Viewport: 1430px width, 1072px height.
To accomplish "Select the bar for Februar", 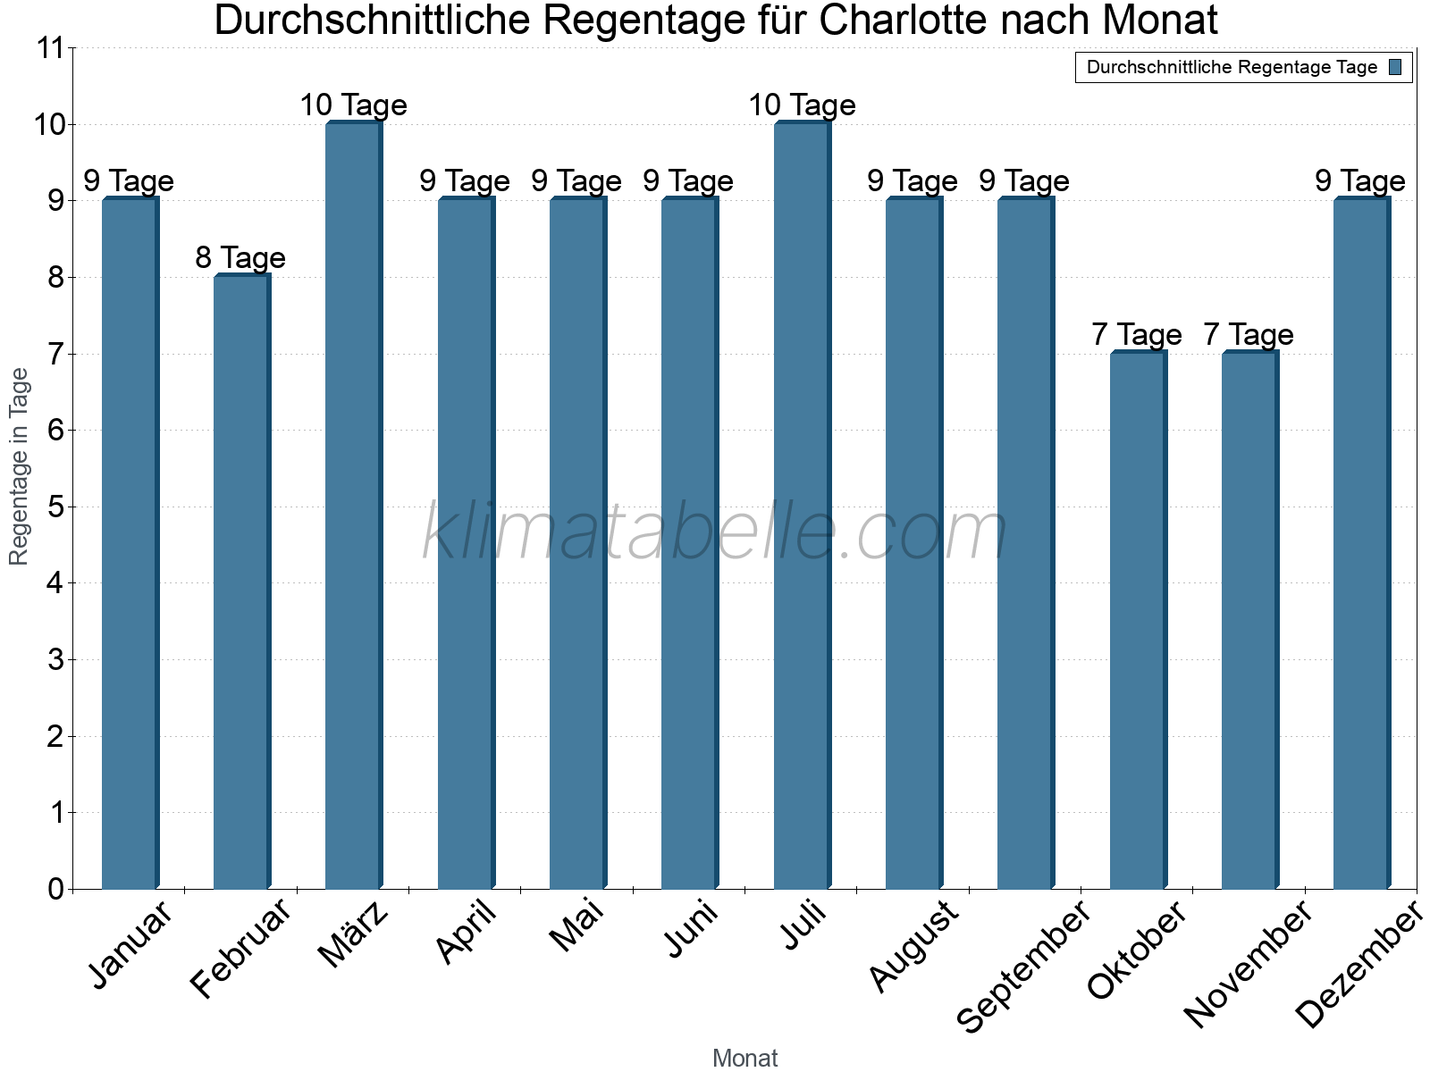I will pos(241,581).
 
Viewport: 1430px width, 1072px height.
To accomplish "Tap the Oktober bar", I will pos(1138,620).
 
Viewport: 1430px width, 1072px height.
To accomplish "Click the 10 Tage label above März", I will pos(353,105).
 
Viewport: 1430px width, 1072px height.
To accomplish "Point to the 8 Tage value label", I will pos(240,258).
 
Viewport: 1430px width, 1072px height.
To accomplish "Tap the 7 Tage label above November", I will pos(1249,335).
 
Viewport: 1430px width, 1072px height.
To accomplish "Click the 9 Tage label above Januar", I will pos(129,181).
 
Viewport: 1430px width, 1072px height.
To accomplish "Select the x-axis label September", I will pos(1024,965).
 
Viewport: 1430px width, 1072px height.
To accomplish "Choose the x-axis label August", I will pos(913,945).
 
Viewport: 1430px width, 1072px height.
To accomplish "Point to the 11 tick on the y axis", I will pos(51,48).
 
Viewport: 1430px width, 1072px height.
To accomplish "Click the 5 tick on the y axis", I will pos(55,507).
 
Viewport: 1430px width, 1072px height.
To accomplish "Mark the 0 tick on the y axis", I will pos(55,889).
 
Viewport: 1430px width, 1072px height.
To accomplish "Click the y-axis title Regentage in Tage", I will pos(20,466).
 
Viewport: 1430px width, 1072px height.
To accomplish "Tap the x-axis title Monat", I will pos(744,1058).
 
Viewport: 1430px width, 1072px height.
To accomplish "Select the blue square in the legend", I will pos(1396,67).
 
